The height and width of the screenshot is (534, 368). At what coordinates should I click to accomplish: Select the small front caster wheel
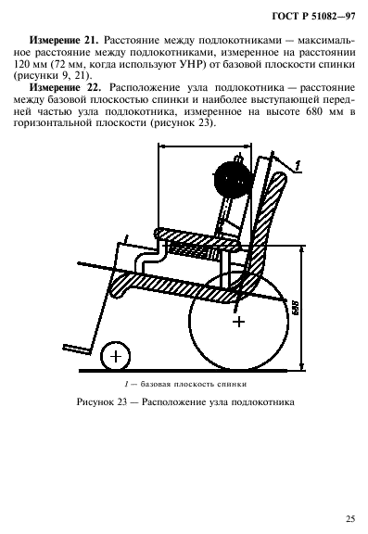coord(115,354)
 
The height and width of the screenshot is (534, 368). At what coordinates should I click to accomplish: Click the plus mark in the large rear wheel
coord(239,322)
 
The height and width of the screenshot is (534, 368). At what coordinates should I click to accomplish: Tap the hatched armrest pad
coord(195,235)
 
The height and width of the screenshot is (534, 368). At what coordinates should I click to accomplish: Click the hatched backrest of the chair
coord(271,232)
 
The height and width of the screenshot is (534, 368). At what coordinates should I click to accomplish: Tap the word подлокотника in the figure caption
coord(253,403)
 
